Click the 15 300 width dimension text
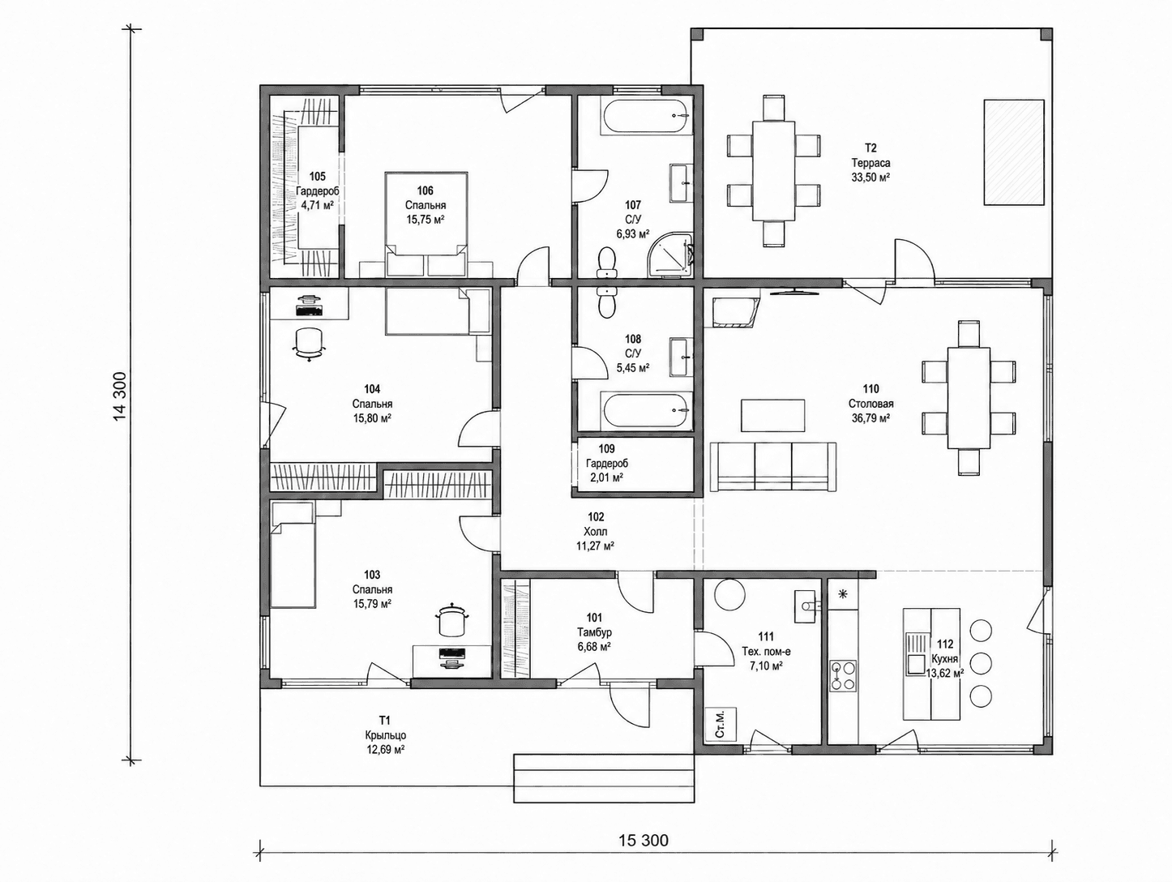[x=644, y=841]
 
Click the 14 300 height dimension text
[x=120, y=396]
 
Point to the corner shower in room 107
[x=671, y=256]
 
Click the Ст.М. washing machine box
[x=721, y=724]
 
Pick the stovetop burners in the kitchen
[x=843, y=675]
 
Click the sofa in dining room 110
[x=772, y=466]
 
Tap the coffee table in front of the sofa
[x=772, y=415]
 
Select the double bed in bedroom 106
[x=426, y=225]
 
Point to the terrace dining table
[x=774, y=170]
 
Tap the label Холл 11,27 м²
[x=596, y=532]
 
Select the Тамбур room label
[x=594, y=632]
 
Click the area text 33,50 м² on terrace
[x=870, y=178]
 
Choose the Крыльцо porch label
[x=386, y=735]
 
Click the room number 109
[x=606, y=449]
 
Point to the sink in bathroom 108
[x=681, y=357]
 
